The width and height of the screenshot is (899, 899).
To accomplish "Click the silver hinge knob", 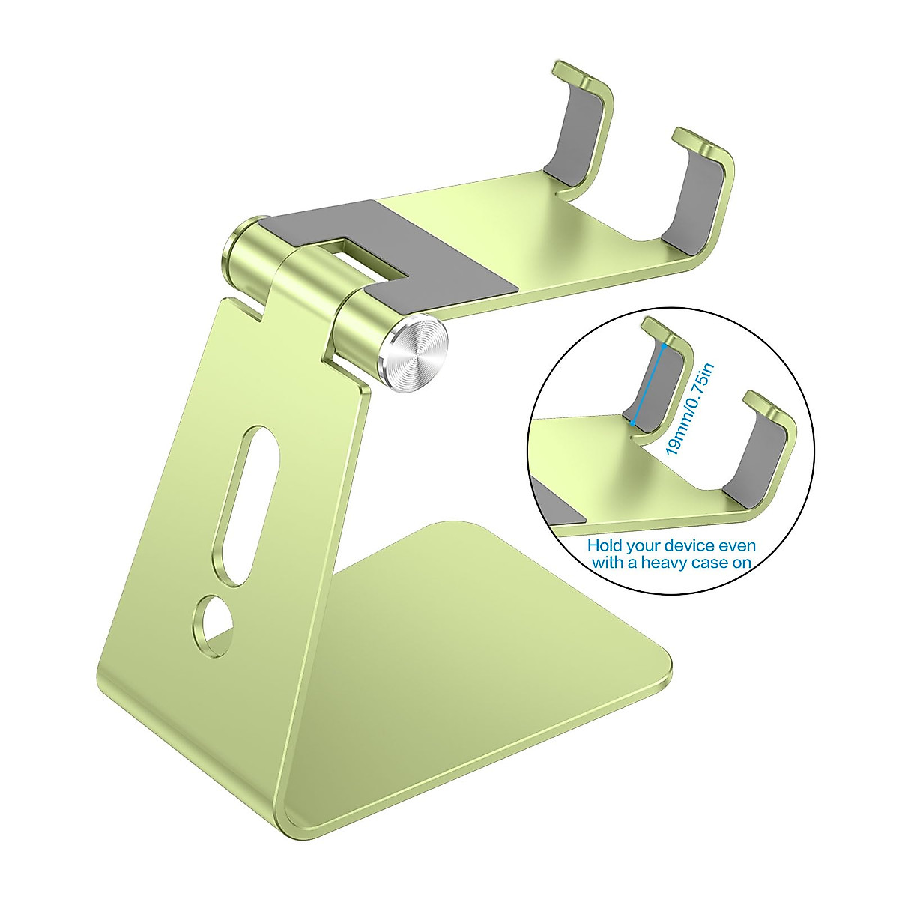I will click(x=416, y=354).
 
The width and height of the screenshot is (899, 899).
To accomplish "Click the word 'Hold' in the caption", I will click(x=605, y=545).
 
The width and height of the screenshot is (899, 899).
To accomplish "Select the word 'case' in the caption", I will click(x=708, y=563).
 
